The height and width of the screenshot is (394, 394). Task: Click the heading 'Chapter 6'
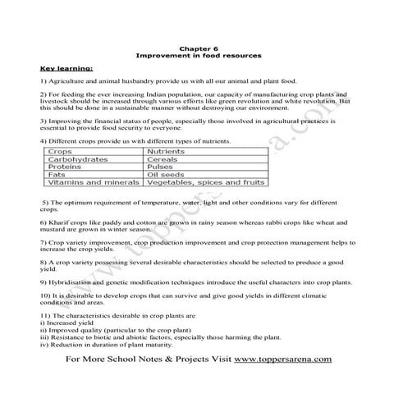[x=196, y=48]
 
